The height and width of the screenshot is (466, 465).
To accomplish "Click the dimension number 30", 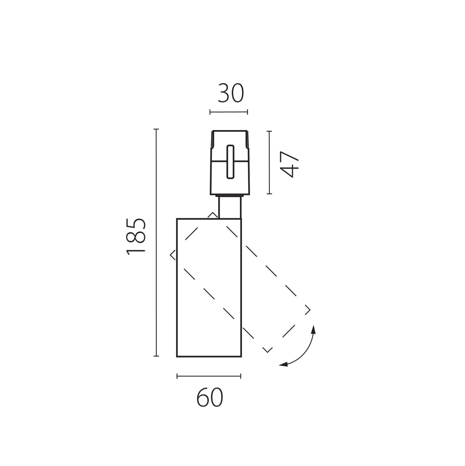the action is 231,93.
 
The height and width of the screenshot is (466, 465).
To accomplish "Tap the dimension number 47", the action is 289,164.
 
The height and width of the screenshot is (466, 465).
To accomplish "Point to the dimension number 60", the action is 210,398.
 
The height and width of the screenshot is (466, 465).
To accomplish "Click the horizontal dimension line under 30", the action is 229,112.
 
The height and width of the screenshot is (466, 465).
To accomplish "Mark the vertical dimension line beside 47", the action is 269,162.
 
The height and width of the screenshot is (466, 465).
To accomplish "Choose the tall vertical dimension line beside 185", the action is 156,243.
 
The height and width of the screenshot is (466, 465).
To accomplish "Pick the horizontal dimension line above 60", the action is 209,376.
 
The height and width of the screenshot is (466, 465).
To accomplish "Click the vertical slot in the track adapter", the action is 230,162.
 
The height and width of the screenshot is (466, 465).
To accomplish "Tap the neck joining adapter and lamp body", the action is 230,208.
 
